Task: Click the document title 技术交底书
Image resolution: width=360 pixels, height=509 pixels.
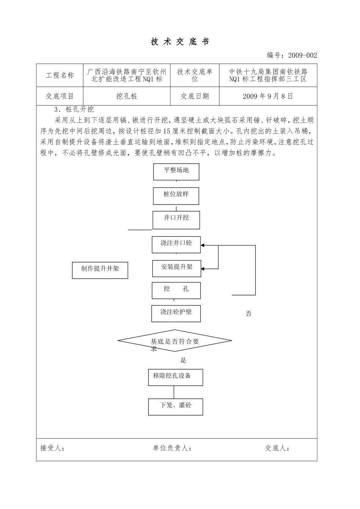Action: tap(180, 42)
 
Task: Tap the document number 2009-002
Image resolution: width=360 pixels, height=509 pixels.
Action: tap(302, 56)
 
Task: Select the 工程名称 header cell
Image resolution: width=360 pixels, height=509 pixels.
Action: tap(59, 75)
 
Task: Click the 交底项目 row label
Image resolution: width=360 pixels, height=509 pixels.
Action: tap(59, 96)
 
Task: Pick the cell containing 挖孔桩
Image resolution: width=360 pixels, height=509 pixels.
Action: tap(127, 96)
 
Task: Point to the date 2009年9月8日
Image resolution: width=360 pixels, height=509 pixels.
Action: tap(268, 96)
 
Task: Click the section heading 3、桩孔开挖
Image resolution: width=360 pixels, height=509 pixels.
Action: tap(74, 110)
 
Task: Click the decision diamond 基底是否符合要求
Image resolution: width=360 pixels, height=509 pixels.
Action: tap(175, 341)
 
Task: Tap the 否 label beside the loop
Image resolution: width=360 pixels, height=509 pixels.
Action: tap(249, 314)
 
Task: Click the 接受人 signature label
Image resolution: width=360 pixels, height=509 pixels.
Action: tap(52, 448)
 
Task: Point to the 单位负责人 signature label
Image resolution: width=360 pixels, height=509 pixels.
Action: tap(172, 448)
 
